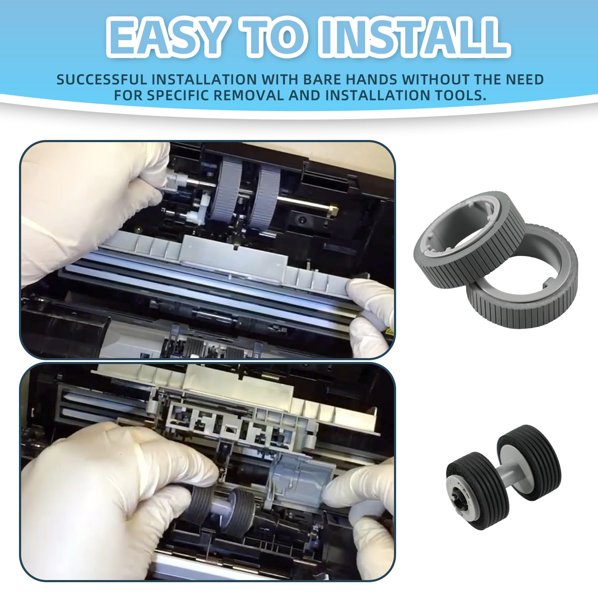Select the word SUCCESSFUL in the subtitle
click(102, 79)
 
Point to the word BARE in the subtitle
click(322, 79)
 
